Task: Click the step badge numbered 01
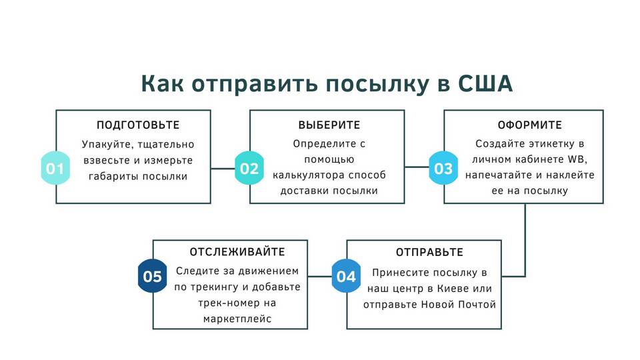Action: tap(55, 168)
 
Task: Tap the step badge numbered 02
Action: tap(249, 168)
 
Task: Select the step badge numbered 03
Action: tap(443, 168)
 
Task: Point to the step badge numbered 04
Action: tap(346, 276)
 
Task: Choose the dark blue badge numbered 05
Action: tap(152, 276)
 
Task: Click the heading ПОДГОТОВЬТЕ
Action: tap(138, 125)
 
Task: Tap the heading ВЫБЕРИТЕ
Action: tap(329, 125)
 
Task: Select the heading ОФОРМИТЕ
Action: tap(529, 125)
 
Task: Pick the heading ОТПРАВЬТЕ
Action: tap(429, 252)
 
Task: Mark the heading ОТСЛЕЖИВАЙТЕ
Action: tap(237, 252)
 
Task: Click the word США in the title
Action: tap(485, 84)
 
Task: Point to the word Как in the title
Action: tap(163, 84)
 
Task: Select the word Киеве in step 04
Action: tap(453, 289)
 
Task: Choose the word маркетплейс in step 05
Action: tap(237, 319)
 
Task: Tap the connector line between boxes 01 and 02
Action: tap(223, 169)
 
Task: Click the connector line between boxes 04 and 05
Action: tap(319, 276)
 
